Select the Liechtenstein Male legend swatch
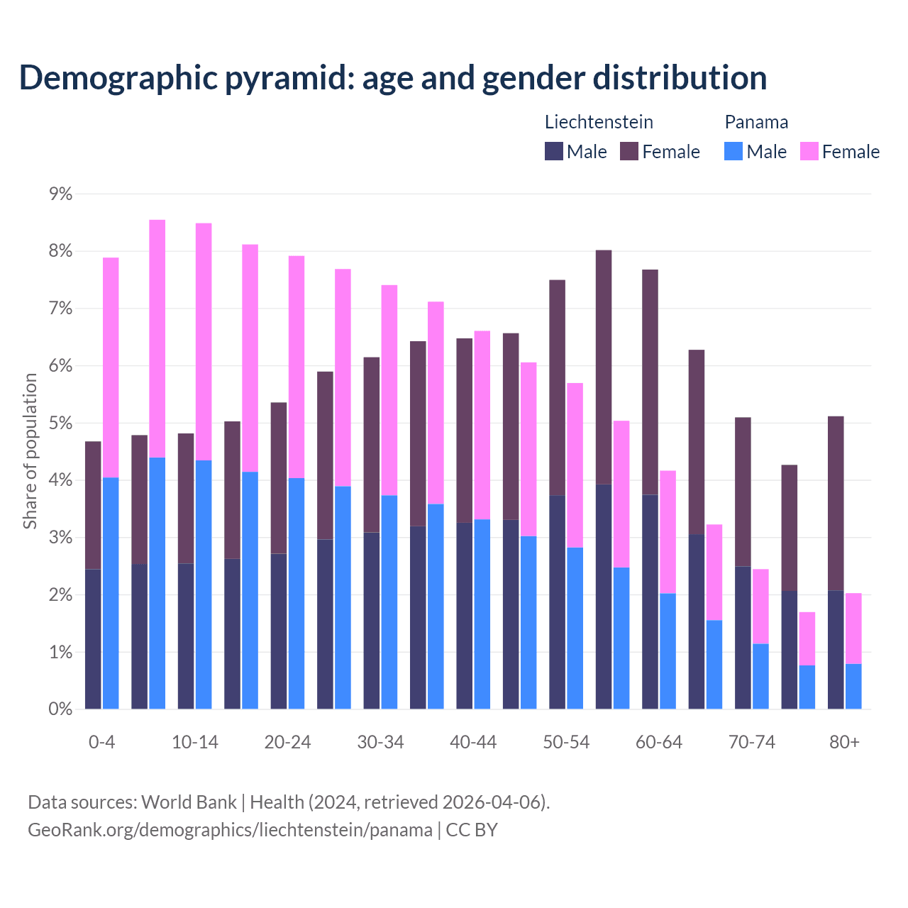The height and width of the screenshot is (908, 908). pyautogui.click(x=554, y=151)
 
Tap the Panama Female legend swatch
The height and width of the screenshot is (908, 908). pyautogui.click(x=809, y=151)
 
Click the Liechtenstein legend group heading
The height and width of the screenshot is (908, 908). pyautogui.click(x=599, y=122)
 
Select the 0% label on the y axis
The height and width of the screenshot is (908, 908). pyautogui.click(x=60, y=709)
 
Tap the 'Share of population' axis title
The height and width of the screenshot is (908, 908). pyautogui.click(x=31, y=451)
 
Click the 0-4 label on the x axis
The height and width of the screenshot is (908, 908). pyautogui.click(x=101, y=743)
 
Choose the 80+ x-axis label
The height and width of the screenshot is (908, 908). pyautogui.click(x=844, y=743)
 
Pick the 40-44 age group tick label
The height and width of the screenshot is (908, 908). pyautogui.click(x=473, y=743)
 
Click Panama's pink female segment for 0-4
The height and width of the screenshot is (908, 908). pyautogui.click(x=111, y=367)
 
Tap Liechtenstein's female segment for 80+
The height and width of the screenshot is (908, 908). pyautogui.click(x=836, y=503)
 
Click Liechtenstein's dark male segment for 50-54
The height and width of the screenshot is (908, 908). pyautogui.click(x=557, y=602)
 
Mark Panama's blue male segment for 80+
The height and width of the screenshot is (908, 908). pyautogui.click(x=853, y=686)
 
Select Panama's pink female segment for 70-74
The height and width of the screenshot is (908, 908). pyautogui.click(x=760, y=607)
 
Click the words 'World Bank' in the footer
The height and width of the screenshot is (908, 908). pyautogui.click(x=189, y=802)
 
